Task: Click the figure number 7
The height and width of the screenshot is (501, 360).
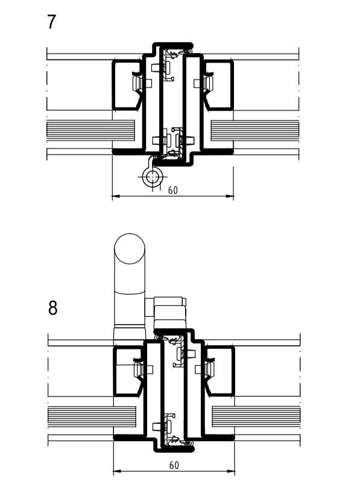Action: click(51, 22)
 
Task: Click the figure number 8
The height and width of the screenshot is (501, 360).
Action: click(52, 308)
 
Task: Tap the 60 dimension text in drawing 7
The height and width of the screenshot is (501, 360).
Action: click(172, 190)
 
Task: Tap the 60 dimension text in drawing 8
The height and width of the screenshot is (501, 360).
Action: click(174, 465)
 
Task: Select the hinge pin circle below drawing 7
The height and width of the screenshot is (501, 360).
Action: click(153, 176)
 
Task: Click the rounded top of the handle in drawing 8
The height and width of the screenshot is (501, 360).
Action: click(130, 249)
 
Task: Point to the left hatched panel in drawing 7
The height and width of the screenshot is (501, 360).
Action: click(91, 130)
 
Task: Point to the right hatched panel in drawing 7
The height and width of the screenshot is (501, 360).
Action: click(254, 131)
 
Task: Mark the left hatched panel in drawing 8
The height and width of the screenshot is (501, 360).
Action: click(92, 416)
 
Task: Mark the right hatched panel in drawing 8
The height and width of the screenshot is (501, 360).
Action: click(256, 416)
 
